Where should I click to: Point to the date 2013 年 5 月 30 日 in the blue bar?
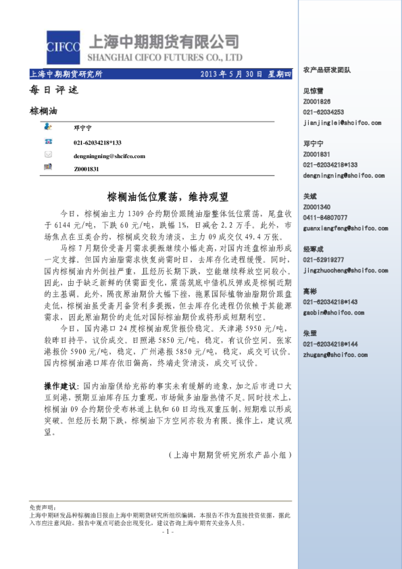tap(230, 74)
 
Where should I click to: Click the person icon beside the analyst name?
tap(48, 126)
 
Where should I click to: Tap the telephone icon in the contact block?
tap(48, 141)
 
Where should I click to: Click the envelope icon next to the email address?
tap(48, 155)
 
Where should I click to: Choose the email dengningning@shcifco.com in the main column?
tap(109, 155)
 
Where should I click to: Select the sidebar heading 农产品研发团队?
tap(327, 70)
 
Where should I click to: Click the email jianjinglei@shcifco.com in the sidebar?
tap(342, 123)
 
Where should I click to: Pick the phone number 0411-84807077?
tap(325, 218)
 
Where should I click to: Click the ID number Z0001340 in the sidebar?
tap(317, 207)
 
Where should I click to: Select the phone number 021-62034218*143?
tap(330, 302)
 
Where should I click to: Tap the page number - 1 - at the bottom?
tap(168, 532)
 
